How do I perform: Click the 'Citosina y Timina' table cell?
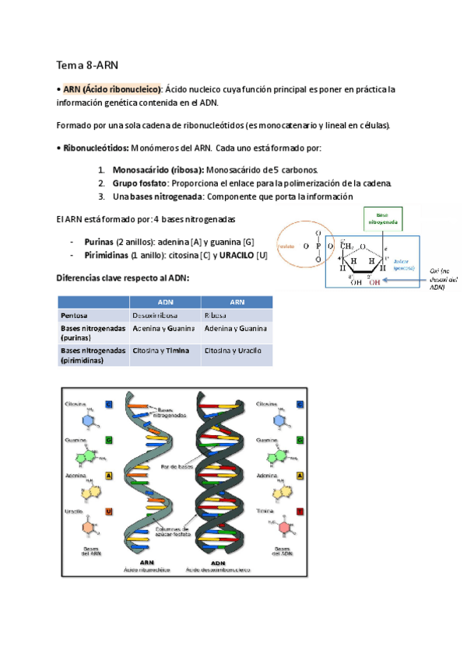click(161, 350)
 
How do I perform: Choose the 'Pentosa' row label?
click(75, 316)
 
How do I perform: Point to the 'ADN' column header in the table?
click(166, 302)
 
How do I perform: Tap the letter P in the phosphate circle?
click(318, 247)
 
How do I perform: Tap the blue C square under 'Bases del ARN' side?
click(108, 404)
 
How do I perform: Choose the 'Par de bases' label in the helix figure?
click(176, 467)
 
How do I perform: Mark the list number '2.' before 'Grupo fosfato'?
click(102, 183)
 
